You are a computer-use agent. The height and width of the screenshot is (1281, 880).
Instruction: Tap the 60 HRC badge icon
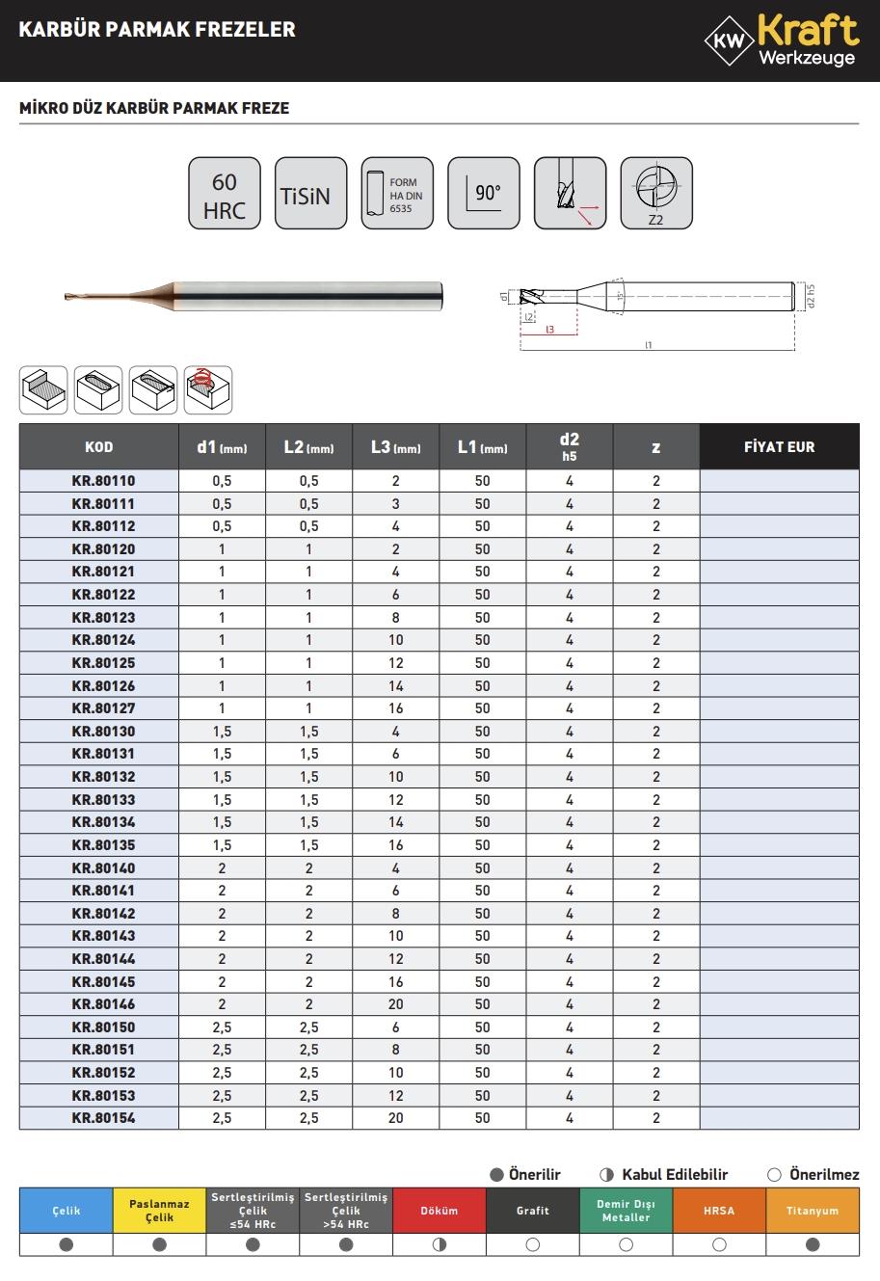[x=224, y=194]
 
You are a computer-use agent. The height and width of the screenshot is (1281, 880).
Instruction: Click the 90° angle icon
[x=484, y=194]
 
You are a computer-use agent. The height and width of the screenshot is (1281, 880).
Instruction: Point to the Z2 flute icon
[x=656, y=194]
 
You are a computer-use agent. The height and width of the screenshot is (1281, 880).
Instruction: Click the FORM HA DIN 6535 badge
[x=397, y=194]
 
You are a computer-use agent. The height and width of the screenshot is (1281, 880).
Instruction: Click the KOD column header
[x=98, y=447]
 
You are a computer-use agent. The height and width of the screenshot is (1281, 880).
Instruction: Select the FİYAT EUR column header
[x=779, y=447]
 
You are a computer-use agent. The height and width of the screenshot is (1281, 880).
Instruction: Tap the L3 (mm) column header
[x=395, y=447]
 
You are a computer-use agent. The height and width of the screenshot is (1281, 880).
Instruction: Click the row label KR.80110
[x=103, y=481]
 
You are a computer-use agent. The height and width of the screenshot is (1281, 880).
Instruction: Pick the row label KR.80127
[x=103, y=708]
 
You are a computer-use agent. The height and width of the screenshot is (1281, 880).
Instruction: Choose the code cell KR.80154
[x=103, y=1118]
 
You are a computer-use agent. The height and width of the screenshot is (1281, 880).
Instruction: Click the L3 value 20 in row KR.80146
[x=395, y=1004]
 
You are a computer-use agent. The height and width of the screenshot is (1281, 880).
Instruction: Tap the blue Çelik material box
[x=67, y=1211]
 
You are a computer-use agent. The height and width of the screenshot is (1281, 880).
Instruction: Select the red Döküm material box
[x=440, y=1211]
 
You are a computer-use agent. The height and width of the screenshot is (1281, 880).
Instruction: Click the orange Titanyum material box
[x=813, y=1211]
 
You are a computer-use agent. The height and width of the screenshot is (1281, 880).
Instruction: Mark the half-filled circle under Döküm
[x=440, y=1244]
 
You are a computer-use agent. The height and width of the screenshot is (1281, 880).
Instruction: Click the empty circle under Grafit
[x=533, y=1244]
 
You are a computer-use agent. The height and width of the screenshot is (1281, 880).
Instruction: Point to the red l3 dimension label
[x=549, y=330]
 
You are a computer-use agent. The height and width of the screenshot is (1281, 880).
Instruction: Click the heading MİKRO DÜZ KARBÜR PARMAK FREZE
[x=154, y=109]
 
